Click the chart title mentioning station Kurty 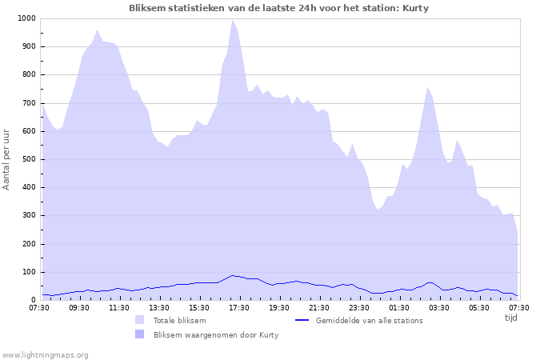[279, 8]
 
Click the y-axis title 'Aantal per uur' [7, 159]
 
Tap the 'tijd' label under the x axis [510, 318]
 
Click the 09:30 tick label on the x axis [79, 307]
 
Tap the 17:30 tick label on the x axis [239, 307]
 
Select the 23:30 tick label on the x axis [359, 307]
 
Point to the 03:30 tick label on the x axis [439, 307]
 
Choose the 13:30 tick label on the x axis [159, 307]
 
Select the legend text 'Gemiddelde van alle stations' [369, 321]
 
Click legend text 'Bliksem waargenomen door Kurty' [216, 335]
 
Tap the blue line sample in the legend [302, 320]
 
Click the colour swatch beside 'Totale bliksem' [140, 320]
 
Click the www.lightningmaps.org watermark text [45, 354]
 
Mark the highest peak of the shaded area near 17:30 [232, 20]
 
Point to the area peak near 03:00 [428, 88]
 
